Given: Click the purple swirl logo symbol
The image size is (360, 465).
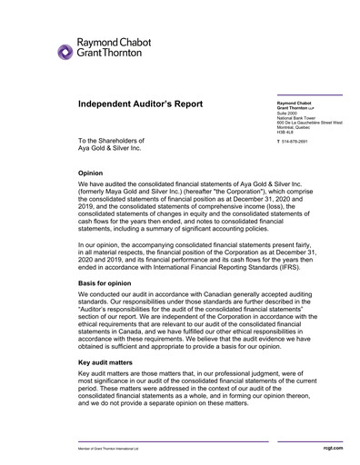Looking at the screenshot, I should point(65,52).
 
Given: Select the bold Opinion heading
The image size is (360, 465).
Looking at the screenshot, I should point(91,172).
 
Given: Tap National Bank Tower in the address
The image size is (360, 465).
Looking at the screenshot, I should point(284,118).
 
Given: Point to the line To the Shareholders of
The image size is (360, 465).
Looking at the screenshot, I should point(111,141).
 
